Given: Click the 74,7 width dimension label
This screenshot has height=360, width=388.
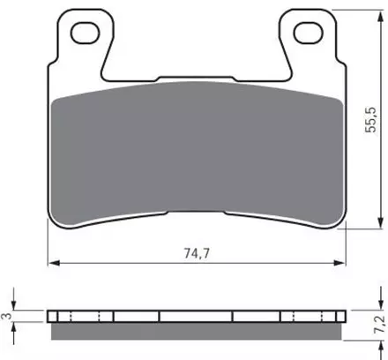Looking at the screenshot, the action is pos(197,253).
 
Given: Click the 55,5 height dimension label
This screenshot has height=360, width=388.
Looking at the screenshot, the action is pos(370,119).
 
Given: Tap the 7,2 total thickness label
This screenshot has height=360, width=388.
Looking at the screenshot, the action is pos(379,324).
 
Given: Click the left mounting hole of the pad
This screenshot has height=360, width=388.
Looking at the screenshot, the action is pos(86,33).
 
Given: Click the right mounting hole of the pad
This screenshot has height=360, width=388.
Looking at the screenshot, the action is pos(309,33).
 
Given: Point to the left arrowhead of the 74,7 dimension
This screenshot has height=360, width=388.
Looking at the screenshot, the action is pos(54,263).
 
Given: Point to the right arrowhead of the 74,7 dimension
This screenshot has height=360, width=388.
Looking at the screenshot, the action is pos(339,263).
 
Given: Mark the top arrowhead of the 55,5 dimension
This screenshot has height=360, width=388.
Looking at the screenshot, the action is pos(381,17).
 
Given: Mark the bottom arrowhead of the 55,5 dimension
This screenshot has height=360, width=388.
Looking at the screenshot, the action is pos(381,222).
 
